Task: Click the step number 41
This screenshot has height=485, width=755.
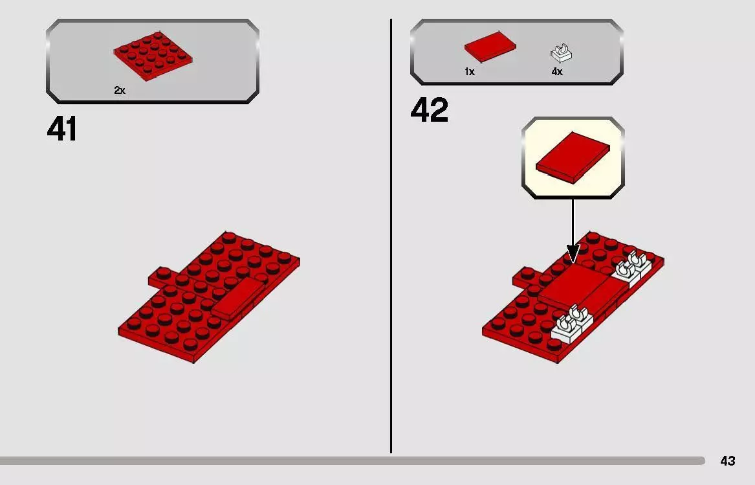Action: pyautogui.click(x=62, y=130)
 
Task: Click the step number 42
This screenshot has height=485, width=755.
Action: pyautogui.click(x=429, y=111)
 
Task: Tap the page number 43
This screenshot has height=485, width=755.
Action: pyautogui.click(x=727, y=461)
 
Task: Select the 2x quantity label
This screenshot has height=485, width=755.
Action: pyautogui.click(x=120, y=91)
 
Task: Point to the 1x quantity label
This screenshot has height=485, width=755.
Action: pyautogui.click(x=470, y=72)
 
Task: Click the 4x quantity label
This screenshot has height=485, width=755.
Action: pyautogui.click(x=557, y=72)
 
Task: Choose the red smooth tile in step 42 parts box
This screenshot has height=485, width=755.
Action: pyautogui.click(x=490, y=49)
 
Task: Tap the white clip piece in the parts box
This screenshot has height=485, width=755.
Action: pyautogui.click(x=562, y=52)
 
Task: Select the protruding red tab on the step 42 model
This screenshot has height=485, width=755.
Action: pyautogui.click(x=525, y=278)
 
